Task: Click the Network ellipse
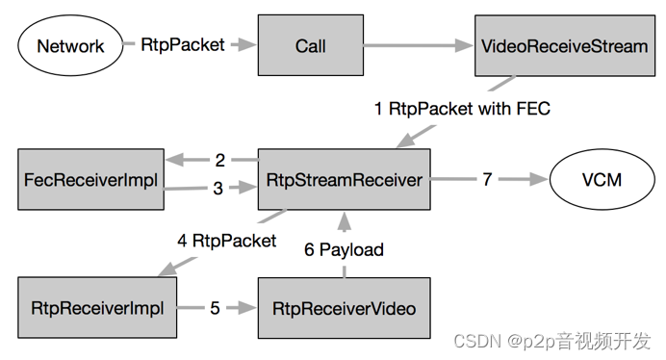coord(70,45)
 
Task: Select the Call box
coord(311,45)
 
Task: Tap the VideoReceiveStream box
coord(564,45)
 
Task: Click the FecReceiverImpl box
coord(90,179)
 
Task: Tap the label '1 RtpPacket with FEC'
coord(462,109)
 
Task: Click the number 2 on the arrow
coord(219,160)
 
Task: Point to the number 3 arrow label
coord(218,189)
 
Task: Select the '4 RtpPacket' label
coord(226,240)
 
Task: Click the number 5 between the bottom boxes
coord(215,308)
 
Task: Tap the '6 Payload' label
coord(344,250)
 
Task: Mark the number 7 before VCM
coord(487,179)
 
